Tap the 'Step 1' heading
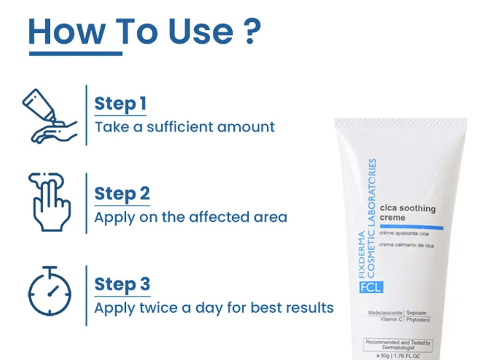[x=120, y=104]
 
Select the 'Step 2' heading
[x=122, y=193]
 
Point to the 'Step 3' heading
[x=122, y=284]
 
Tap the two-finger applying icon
[x=49, y=203]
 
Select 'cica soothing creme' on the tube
[x=408, y=213]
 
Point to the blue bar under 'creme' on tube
[x=408, y=226]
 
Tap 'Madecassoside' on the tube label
[x=385, y=312]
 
